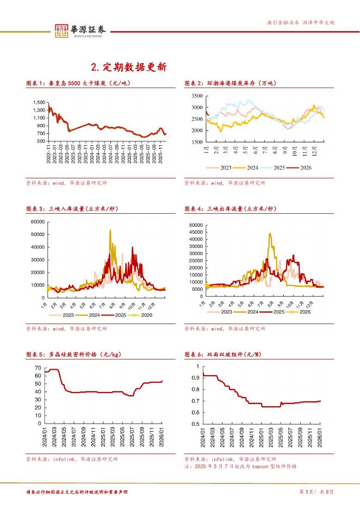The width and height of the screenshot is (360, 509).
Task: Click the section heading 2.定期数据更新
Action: (x=128, y=67)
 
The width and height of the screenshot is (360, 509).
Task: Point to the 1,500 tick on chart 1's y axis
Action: (x=39, y=103)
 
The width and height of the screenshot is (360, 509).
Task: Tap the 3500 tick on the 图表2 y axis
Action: (x=196, y=96)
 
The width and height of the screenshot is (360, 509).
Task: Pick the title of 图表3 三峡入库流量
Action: (x=71, y=209)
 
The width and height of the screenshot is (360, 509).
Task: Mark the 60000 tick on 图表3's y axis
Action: (x=36, y=222)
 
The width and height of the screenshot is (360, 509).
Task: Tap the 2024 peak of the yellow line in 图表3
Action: (x=110, y=230)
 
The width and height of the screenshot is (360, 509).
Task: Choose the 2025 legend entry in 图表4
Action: (x=276, y=312)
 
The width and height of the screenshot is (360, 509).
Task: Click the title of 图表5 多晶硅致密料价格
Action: (x=73, y=355)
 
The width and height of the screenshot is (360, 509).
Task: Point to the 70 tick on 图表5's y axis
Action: (x=38, y=368)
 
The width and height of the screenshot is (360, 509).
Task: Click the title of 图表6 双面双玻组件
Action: (x=223, y=355)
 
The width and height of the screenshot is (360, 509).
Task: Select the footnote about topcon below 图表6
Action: (x=240, y=467)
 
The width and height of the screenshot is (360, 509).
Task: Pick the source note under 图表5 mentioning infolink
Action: (x=71, y=459)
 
